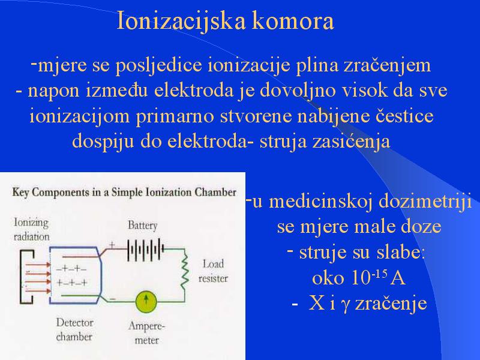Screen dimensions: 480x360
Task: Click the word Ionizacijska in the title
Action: pos(181,22)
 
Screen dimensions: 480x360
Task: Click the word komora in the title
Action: pos(293,22)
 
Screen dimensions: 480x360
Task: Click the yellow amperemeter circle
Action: pos(146,301)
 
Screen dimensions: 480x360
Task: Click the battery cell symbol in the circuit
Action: pos(145,250)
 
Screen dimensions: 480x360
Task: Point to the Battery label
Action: pos(143,226)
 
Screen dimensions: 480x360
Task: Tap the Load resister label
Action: pos(213,271)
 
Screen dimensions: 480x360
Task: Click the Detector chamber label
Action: pos(74,329)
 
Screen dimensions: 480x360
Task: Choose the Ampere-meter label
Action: pos(146,333)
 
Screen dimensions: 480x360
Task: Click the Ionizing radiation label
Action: pos(31,229)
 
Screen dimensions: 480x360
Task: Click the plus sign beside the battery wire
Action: pos(112,245)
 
